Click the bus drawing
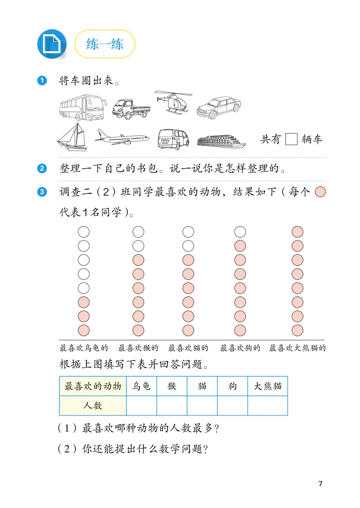pos(83,108)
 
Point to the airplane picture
pos(122,138)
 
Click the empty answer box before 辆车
pos(292,139)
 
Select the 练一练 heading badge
pos(104,44)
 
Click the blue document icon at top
pos(51,44)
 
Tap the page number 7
pos(320,484)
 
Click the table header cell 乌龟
pos(141,386)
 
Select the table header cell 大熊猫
pos(267,386)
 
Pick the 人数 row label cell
pos(93,406)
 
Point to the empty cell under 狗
pos(232,406)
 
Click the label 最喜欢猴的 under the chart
pos(138,348)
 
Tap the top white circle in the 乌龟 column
pos(84,232)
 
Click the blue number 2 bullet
pos(42,169)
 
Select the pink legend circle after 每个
pos(320,192)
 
